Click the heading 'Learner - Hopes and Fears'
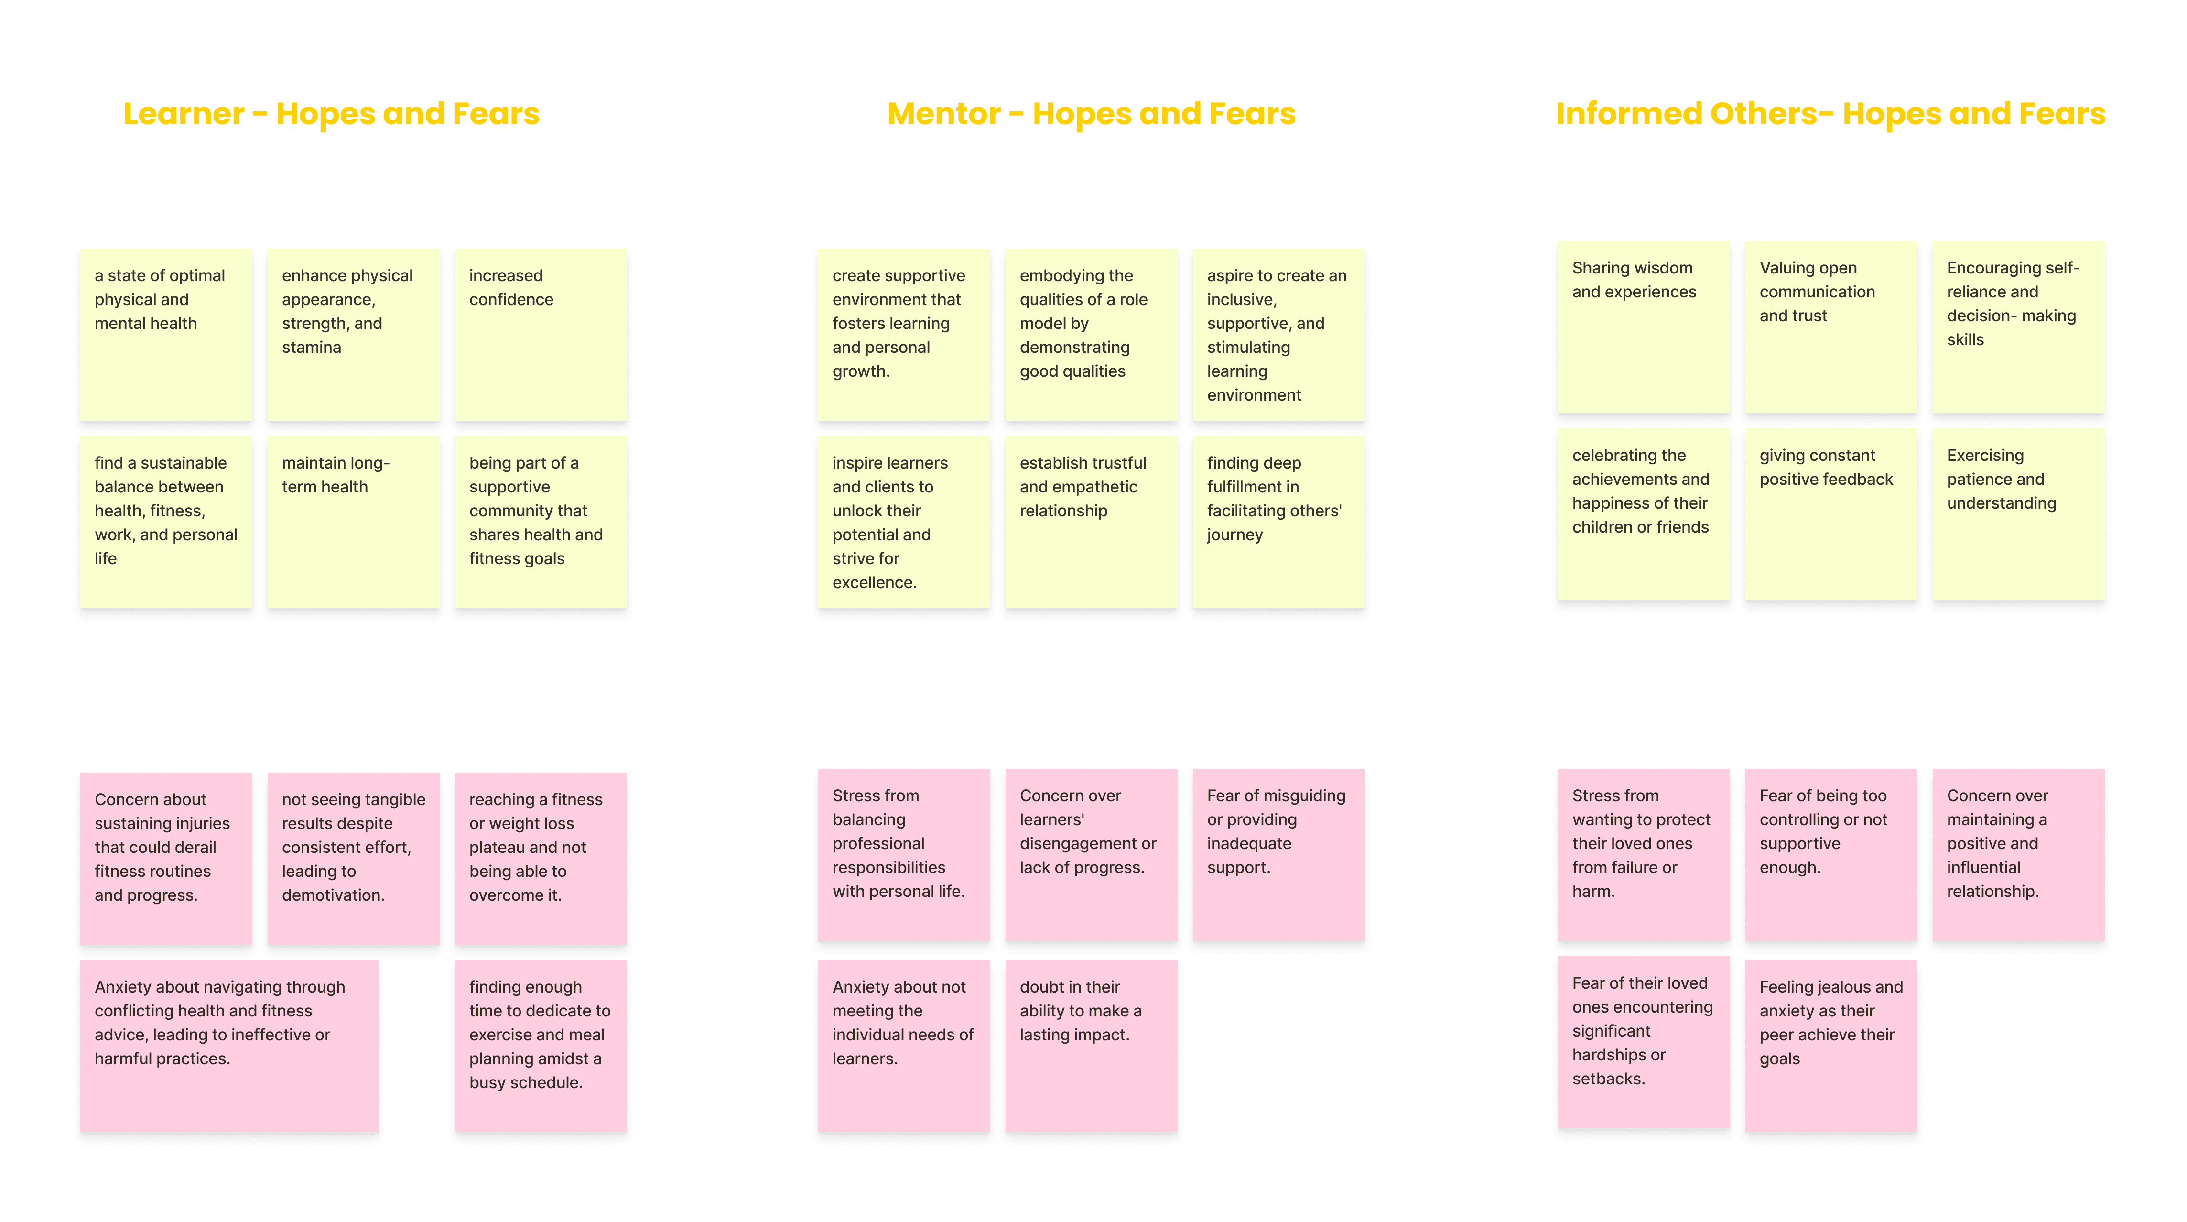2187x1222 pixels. coord(331,114)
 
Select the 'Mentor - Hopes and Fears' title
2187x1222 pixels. coord(1091,114)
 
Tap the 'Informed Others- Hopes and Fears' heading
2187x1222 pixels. coord(1830,114)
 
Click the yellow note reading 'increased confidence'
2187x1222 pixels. coord(541,335)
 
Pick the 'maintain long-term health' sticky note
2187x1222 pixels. coord(353,522)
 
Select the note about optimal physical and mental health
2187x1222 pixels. coord(166,335)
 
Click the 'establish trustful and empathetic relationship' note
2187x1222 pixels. coord(1091,522)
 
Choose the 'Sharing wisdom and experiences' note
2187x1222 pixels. coord(1644,327)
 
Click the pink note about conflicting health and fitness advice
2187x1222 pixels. coord(229,1046)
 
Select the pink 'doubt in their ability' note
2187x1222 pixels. coord(1091,1046)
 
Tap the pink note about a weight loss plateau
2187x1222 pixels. coord(541,859)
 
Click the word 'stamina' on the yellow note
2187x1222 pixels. coord(312,347)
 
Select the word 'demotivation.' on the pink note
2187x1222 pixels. coord(333,895)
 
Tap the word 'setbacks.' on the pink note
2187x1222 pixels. coord(1608,1079)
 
